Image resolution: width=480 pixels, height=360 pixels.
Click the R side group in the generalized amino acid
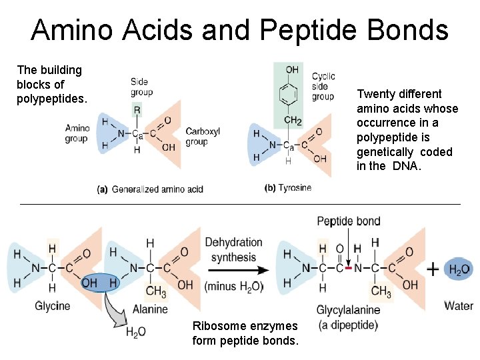(137, 109)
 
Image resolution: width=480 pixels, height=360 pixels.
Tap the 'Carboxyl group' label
(202, 137)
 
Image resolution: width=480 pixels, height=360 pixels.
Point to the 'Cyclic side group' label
(323, 87)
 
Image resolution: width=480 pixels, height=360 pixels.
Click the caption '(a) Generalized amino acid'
(150, 189)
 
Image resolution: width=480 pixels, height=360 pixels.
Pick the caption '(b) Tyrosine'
(288, 188)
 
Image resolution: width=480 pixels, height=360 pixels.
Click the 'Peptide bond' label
(349, 221)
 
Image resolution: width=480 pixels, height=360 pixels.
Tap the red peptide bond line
(347, 269)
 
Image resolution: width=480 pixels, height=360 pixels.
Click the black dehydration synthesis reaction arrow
(237, 270)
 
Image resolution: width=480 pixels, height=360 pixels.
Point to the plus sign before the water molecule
(433, 269)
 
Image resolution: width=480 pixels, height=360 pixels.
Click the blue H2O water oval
(459, 270)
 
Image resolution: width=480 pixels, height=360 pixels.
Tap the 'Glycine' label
(51, 306)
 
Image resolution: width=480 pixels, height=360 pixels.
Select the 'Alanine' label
(149, 309)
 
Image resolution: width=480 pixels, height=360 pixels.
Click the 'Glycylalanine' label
(348, 310)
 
